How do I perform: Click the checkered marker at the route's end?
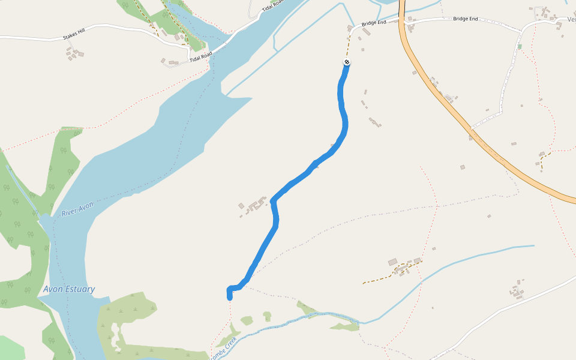(347, 62)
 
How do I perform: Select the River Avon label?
(77, 209)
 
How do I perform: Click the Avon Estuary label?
(69, 289)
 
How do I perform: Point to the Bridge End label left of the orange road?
(373, 23)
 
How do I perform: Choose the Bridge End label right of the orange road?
(465, 19)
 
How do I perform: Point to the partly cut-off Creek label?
(223, 348)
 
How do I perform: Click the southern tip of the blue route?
(229, 295)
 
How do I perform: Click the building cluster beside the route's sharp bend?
(254, 205)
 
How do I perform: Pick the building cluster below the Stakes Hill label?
(75, 54)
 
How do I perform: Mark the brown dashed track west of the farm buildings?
(378, 278)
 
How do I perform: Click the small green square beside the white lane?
(520, 46)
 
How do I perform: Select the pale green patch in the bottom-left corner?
(11, 348)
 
